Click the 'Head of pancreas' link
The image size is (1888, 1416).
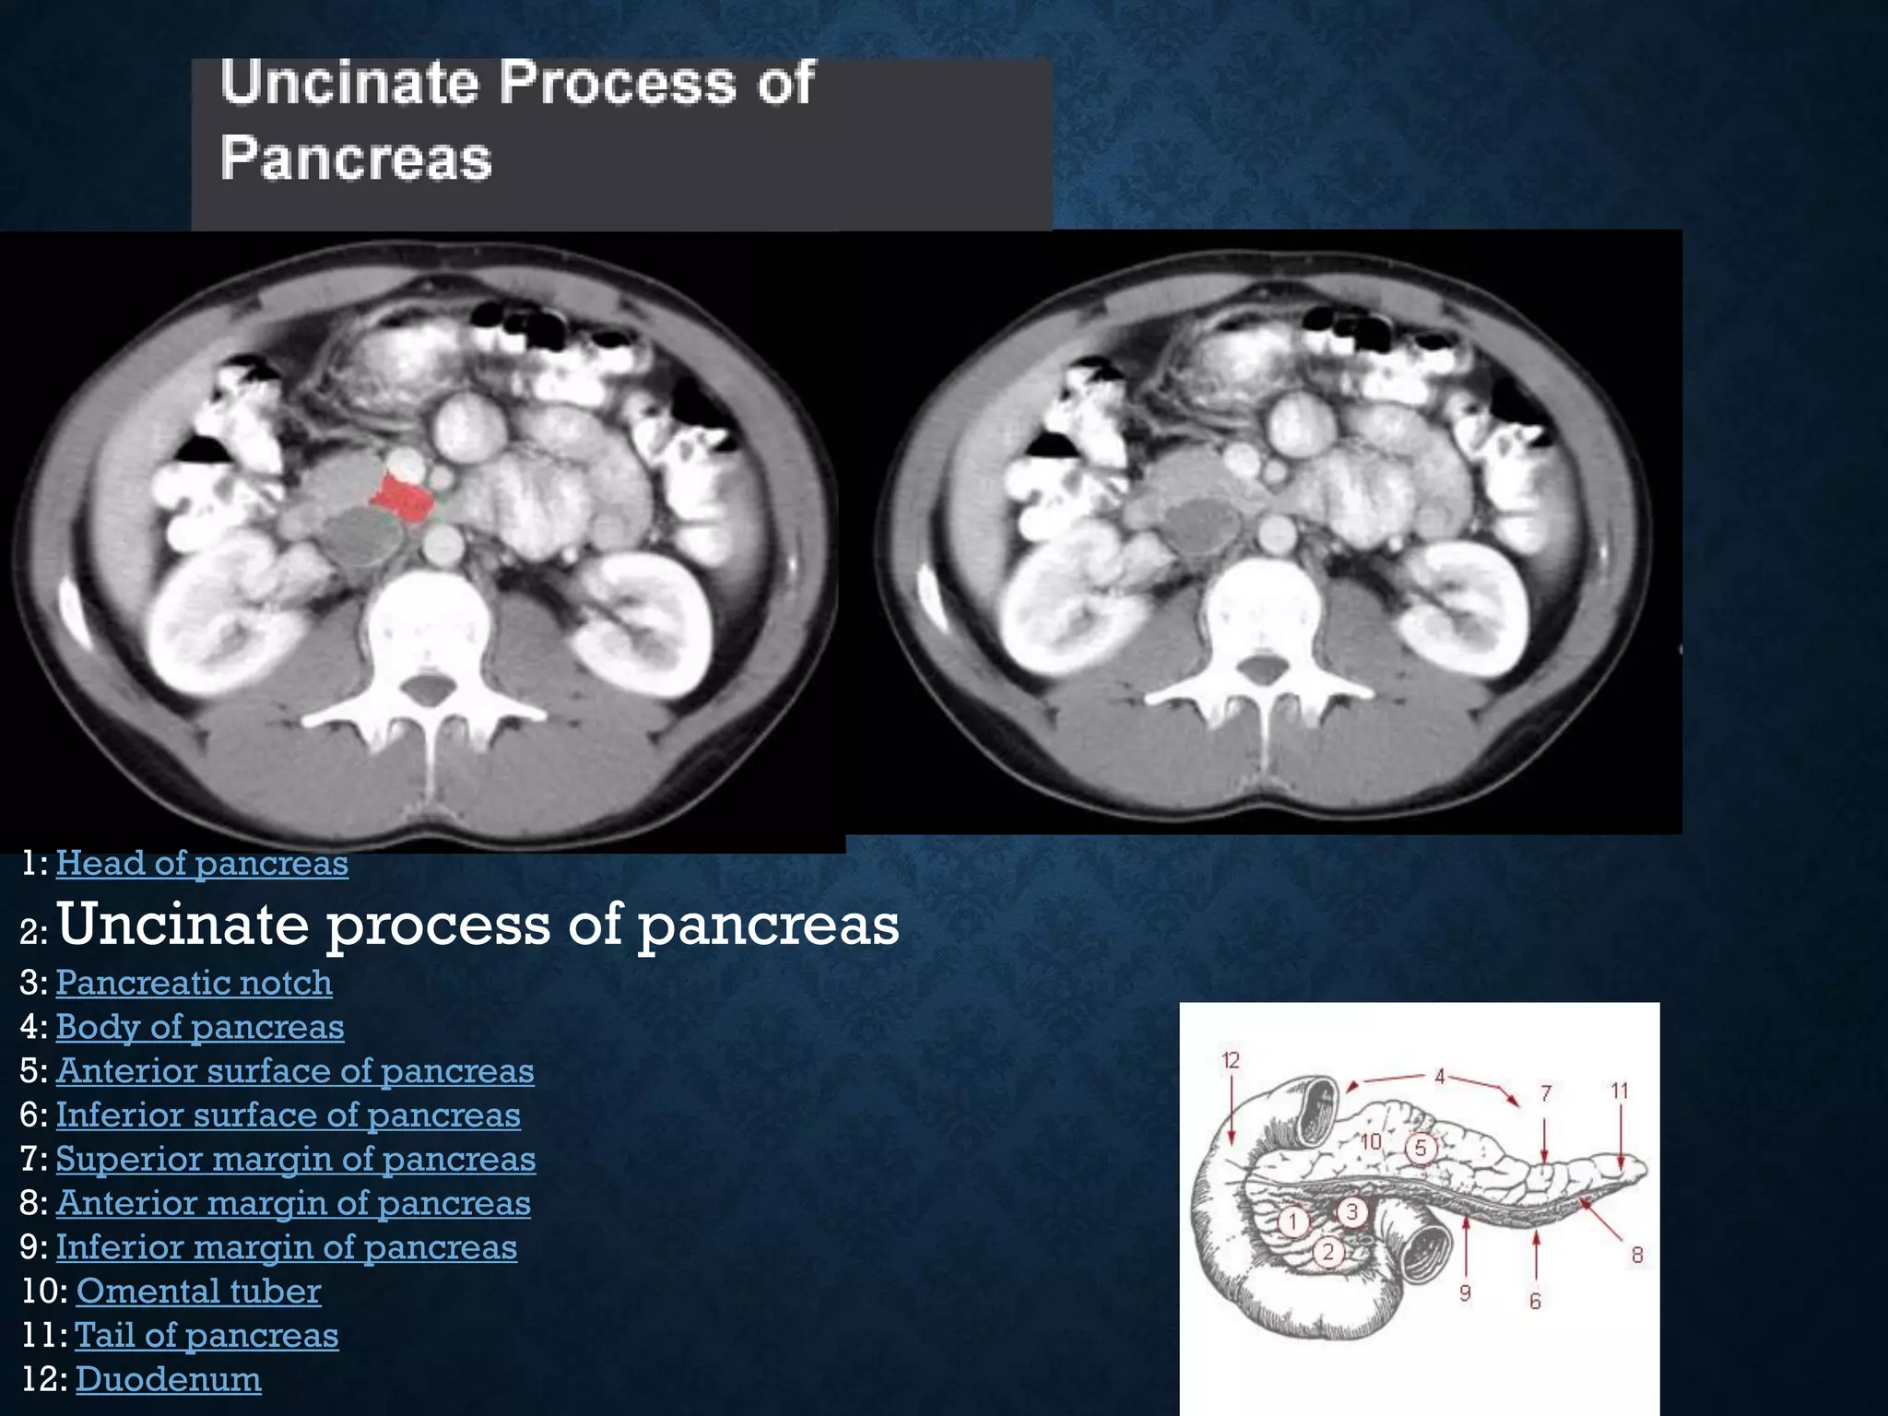(202, 864)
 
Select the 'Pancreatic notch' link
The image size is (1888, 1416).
(194, 983)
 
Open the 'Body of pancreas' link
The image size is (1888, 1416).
(200, 1027)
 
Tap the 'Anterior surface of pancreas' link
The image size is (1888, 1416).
(295, 1071)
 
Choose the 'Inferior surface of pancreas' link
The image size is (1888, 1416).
(288, 1115)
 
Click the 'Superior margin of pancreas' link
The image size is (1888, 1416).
(295, 1160)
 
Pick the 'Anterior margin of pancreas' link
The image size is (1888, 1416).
(293, 1204)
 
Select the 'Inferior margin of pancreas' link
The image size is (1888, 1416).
(286, 1248)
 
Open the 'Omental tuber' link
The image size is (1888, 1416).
(198, 1292)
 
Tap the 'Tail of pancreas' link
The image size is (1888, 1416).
(206, 1336)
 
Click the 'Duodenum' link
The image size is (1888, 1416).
(168, 1380)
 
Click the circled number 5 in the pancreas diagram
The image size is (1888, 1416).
(1421, 1148)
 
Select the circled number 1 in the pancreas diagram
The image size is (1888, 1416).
(1293, 1222)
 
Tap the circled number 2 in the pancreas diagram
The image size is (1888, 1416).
(1327, 1251)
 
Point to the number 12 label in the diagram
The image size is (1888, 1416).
(1231, 1060)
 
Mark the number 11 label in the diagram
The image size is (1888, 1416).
(1620, 1091)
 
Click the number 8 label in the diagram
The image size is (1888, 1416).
(1636, 1254)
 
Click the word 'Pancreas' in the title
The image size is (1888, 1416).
(356, 159)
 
